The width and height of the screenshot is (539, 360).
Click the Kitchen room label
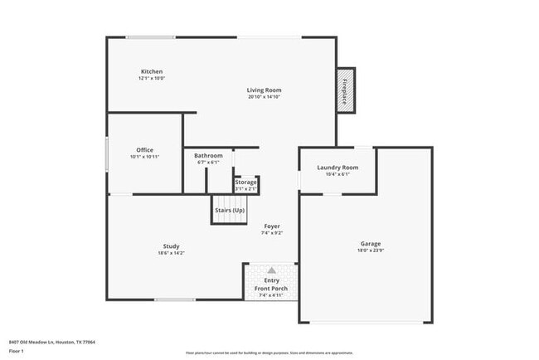point(152,71)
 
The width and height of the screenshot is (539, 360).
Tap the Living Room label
point(264,90)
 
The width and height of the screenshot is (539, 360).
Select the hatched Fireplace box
point(344,90)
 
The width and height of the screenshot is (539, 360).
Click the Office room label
point(144,149)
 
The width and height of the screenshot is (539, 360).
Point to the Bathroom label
point(208,155)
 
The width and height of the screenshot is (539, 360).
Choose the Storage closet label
point(245,182)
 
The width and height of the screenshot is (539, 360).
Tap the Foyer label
point(272,226)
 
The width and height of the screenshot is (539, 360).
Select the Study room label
point(171,246)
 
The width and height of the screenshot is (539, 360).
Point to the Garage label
point(370,243)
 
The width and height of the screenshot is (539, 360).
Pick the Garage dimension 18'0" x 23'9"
point(370,251)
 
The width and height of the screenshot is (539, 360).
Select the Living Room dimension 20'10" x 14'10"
point(264,97)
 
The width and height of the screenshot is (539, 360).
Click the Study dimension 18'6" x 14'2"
point(171,253)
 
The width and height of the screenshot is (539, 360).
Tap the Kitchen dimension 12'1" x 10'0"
point(152,79)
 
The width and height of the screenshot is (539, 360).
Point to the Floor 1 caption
point(17,352)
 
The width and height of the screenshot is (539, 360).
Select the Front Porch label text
point(271,288)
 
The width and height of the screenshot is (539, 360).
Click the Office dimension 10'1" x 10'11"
point(144,157)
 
